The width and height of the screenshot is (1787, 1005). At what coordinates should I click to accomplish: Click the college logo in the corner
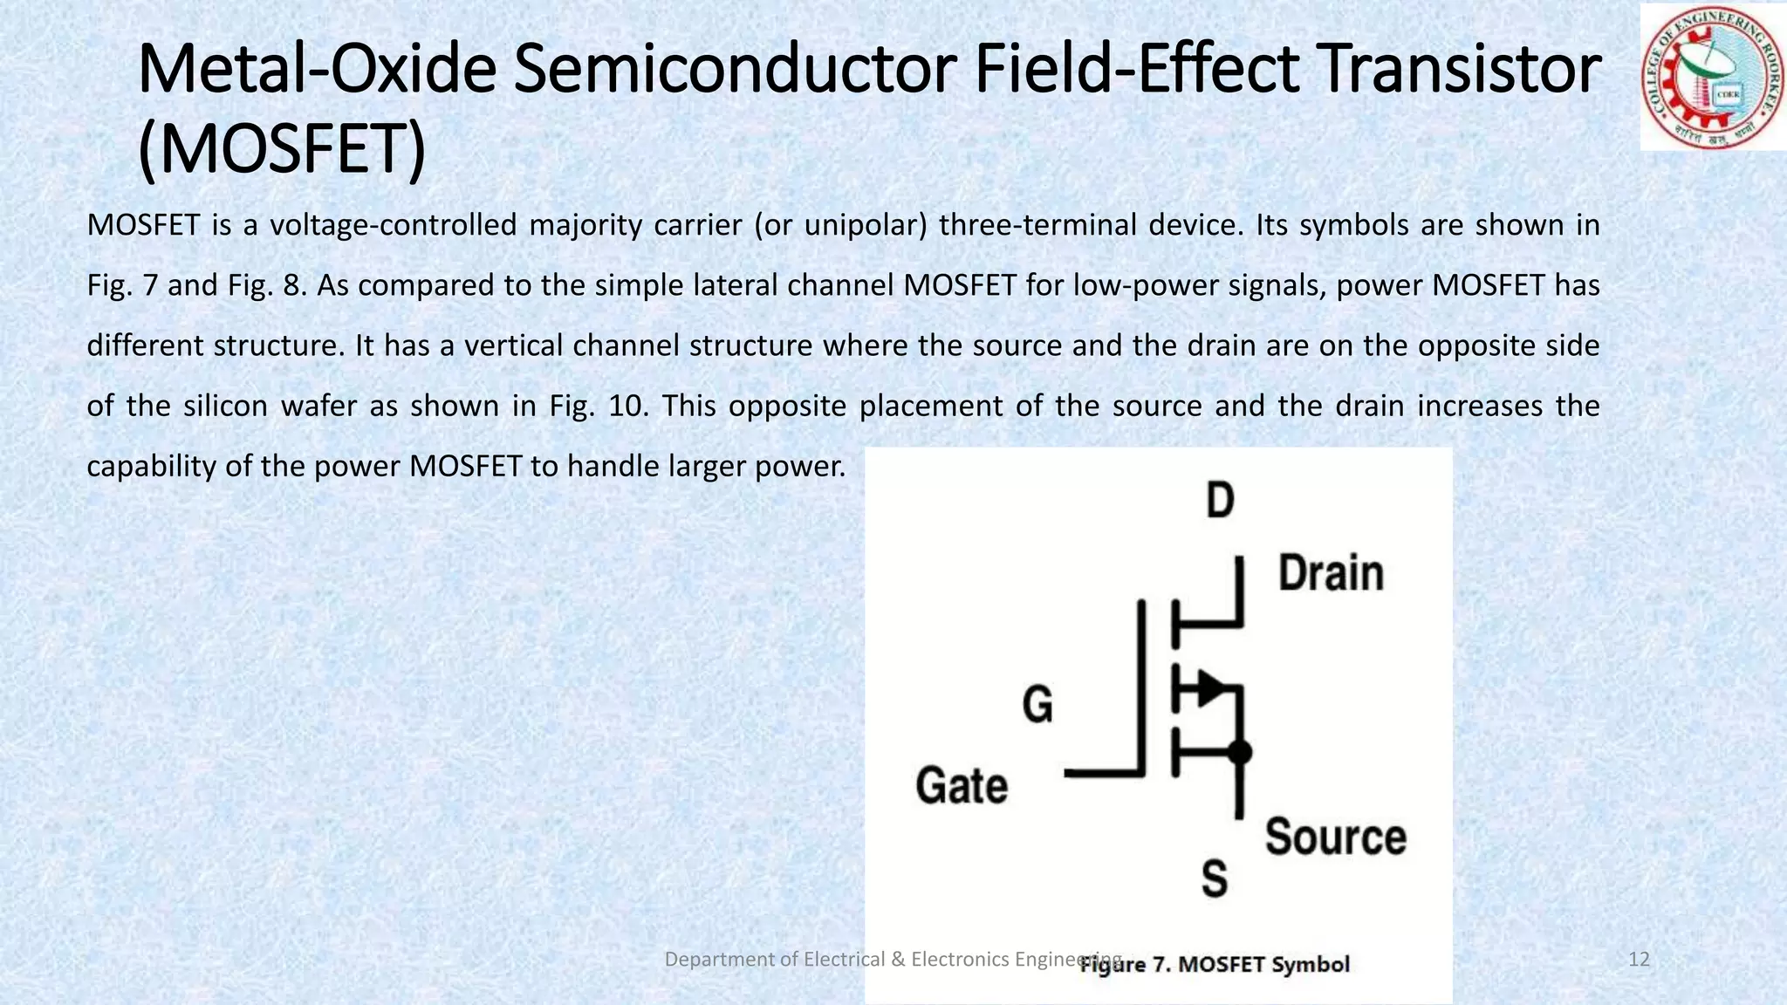(x=1712, y=77)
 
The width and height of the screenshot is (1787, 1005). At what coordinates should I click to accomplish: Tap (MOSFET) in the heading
(x=282, y=149)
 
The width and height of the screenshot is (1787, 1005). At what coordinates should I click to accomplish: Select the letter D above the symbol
(x=1220, y=501)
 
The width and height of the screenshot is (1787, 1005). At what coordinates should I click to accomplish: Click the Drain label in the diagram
(x=1331, y=574)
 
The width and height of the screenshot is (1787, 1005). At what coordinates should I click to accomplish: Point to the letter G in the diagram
(x=1037, y=704)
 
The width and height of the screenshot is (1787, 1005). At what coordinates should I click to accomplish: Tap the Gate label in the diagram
(x=962, y=785)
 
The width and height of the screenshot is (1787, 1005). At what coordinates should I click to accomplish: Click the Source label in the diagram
(x=1335, y=837)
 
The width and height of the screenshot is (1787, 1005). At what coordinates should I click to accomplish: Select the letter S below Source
(x=1214, y=879)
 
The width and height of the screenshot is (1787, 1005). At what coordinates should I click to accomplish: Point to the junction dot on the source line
(x=1239, y=752)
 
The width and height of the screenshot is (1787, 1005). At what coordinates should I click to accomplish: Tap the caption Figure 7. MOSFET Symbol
(x=1215, y=965)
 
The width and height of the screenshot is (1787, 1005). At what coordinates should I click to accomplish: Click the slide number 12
(x=1639, y=960)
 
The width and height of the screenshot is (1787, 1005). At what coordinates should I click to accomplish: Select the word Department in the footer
(x=718, y=960)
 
